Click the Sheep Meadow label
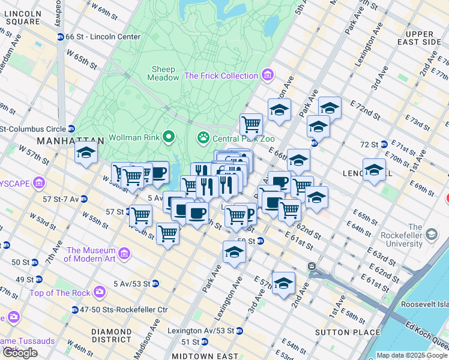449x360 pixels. tap(163, 73)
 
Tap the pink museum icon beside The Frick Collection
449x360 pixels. tap(268, 76)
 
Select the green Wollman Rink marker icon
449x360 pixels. tap(169, 137)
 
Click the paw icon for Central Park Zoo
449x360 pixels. tap(203, 137)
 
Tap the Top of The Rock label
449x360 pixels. tap(59, 293)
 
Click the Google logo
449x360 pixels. tap(20, 353)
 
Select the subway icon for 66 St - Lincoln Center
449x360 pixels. tap(60, 37)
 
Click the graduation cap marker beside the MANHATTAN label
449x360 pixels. tap(86, 153)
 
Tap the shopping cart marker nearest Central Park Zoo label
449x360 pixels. tap(252, 124)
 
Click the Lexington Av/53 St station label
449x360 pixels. tap(201, 331)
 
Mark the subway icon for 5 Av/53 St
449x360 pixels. tap(155, 283)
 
